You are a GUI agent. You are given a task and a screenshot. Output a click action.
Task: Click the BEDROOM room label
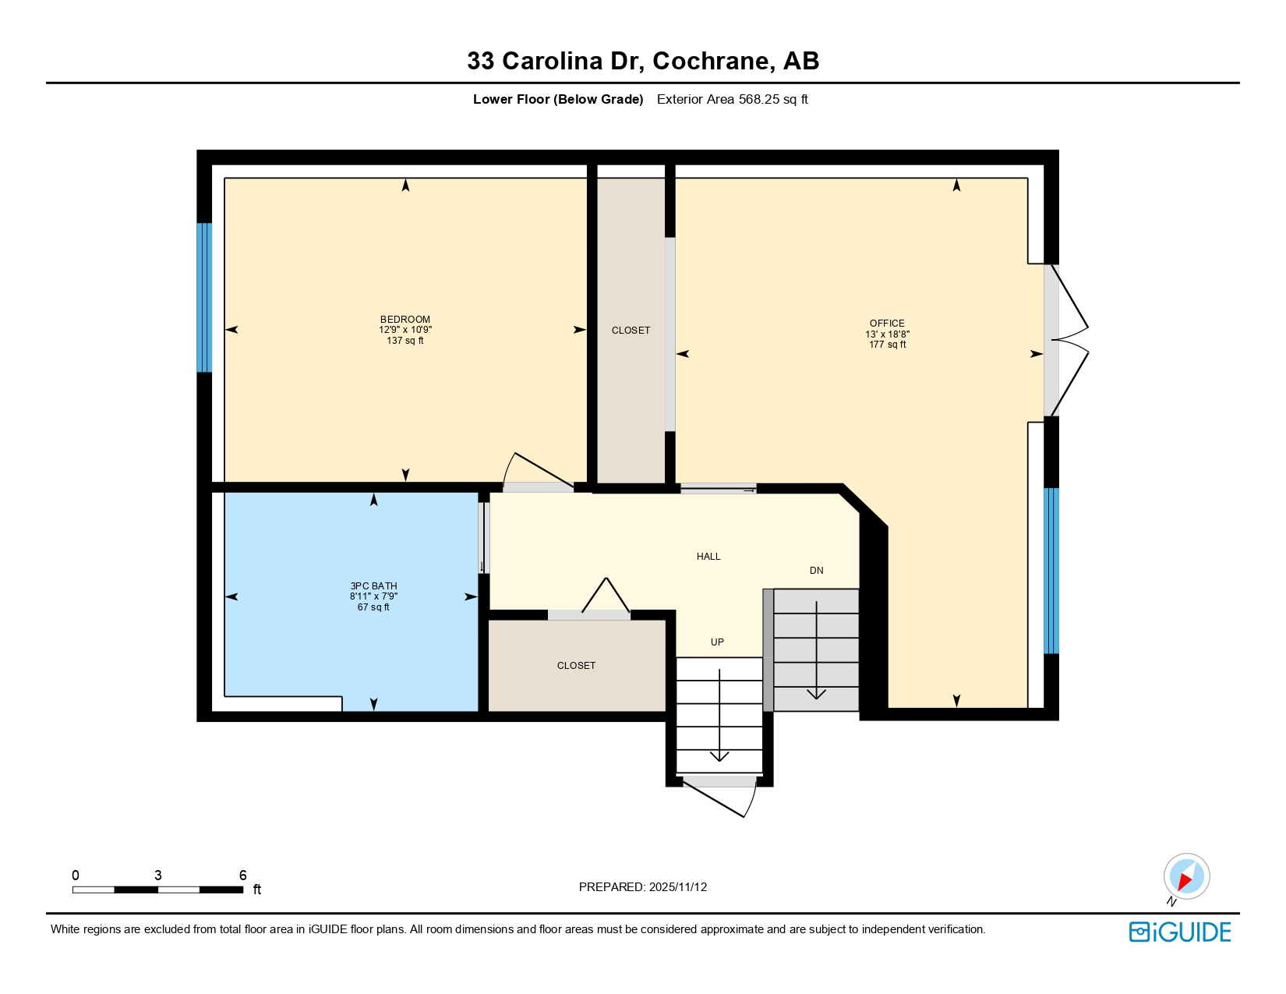pyautogui.click(x=405, y=320)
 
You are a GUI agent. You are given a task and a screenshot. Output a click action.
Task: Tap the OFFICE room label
pyautogui.click(x=887, y=324)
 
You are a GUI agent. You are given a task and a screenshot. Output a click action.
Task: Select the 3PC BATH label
pyautogui.click(x=373, y=586)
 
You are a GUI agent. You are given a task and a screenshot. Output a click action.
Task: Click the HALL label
pyautogui.click(x=708, y=557)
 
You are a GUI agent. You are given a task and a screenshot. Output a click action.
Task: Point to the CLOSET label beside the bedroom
pyautogui.click(x=631, y=331)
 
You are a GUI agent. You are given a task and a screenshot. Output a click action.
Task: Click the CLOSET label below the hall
pyautogui.click(x=576, y=666)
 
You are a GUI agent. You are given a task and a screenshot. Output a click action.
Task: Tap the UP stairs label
pyautogui.click(x=717, y=642)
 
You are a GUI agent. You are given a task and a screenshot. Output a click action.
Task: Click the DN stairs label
pyautogui.click(x=816, y=571)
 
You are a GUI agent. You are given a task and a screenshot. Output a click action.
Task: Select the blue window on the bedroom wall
pyautogui.click(x=204, y=298)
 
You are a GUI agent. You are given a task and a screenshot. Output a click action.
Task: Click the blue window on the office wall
pyautogui.click(x=1051, y=571)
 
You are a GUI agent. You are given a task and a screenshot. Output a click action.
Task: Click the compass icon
pyautogui.click(x=1186, y=876)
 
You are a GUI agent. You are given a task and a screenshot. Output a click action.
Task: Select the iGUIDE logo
pyautogui.click(x=1180, y=932)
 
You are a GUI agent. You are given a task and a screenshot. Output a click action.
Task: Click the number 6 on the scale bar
pyautogui.click(x=242, y=875)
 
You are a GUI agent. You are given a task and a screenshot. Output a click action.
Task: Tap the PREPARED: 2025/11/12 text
pyautogui.click(x=643, y=887)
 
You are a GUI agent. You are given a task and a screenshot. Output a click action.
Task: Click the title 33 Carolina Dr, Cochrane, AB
pyautogui.click(x=643, y=61)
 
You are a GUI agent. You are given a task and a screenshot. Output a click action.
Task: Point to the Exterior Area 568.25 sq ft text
pyautogui.click(x=732, y=99)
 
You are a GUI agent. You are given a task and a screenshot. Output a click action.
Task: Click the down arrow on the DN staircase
pyautogui.click(x=816, y=692)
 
